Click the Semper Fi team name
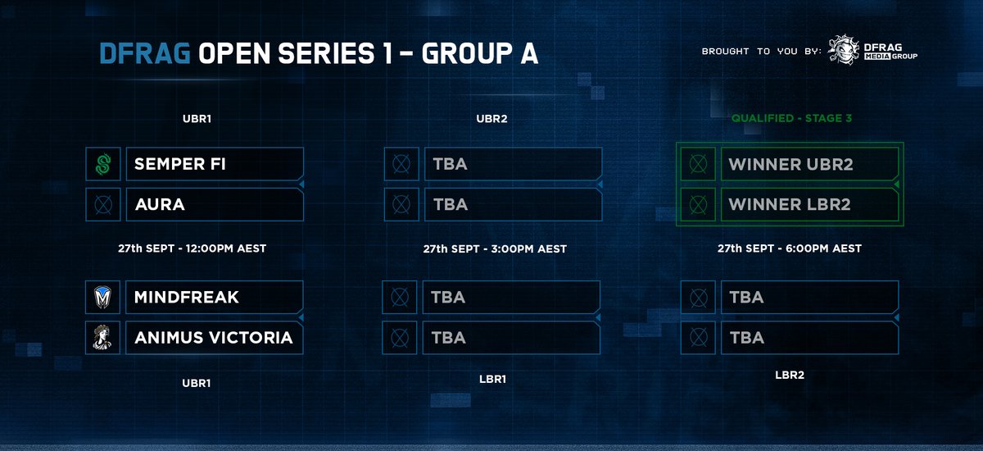179,164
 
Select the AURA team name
160,204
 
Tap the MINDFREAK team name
187,297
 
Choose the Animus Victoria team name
213,337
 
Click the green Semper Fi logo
103,164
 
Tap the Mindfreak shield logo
103,297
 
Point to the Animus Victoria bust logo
103,337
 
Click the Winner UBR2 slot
790,164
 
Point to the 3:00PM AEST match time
495,248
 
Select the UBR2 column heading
492,118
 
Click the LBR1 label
492,380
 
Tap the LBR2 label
789,375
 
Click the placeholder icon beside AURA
103,204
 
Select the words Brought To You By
761,52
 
